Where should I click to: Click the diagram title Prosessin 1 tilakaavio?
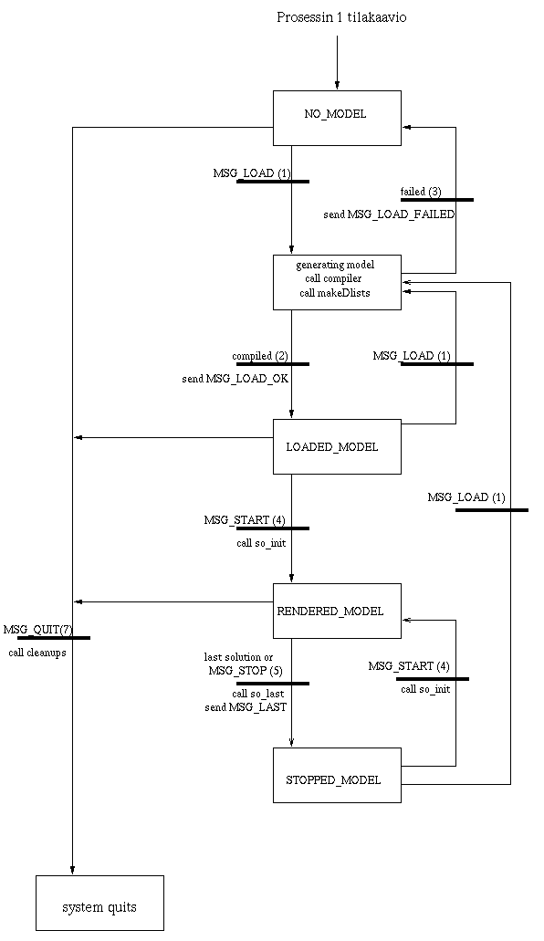pyautogui.click(x=341, y=17)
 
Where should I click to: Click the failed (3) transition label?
pyautogui.click(x=421, y=192)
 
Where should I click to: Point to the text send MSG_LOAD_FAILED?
pyautogui.click(x=389, y=214)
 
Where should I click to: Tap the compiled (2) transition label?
pyautogui.click(x=260, y=356)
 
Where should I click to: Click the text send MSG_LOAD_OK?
pyautogui.click(x=235, y=380)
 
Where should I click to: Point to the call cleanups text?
pyautogui.click(x=37, y=653)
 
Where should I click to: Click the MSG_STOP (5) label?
pyautogui.click(x=246, y=670)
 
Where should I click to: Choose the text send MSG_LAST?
pyautogui.click(x=246, y=707)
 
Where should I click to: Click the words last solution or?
pyautogui.click(x=238, y=657)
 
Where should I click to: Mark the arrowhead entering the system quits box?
pyautogui.click(x=73, y=871)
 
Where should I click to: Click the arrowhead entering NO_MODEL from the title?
pyautogui.click(x=337, y=86)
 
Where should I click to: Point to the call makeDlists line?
pyautogui.click(x=335, y=293)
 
